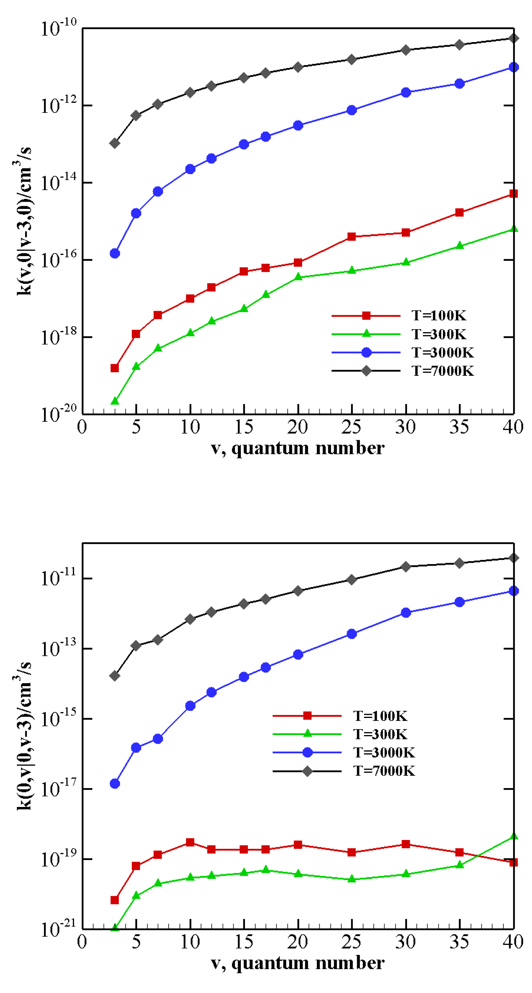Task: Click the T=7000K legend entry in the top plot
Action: coord(442,371)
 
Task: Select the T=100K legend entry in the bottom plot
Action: coord(380,716)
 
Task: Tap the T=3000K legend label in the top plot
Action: coord(442,352)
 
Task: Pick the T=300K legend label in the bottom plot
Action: coord(380,734)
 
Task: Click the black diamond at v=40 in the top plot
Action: coord(513,38)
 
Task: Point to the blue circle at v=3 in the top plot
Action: coord(115,253)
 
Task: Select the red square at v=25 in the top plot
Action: coord(351,236)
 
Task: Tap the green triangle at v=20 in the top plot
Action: coord(298,277)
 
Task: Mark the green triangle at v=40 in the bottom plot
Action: coord(513,837)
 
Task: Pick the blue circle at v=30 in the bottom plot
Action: coord(406,613)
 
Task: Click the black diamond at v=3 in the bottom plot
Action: coord(115,676)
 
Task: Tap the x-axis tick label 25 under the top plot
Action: coord(351,427)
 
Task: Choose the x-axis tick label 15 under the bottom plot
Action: coord(244,942)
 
